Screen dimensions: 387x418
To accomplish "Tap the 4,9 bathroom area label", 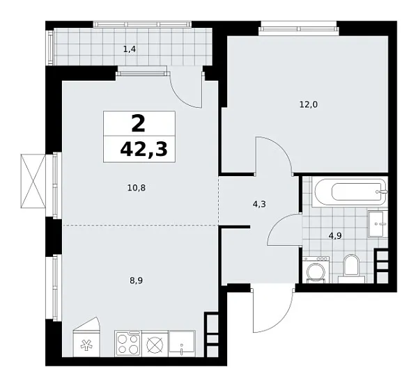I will [336, 235].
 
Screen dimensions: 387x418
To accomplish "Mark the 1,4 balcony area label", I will [130, 49].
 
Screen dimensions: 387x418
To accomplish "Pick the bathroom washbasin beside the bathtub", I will [377, 223].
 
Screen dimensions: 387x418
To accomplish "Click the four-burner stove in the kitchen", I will [129, 343].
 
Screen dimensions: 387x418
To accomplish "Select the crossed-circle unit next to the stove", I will [155, 344].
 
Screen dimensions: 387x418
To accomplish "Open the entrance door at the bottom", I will [268, 309].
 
